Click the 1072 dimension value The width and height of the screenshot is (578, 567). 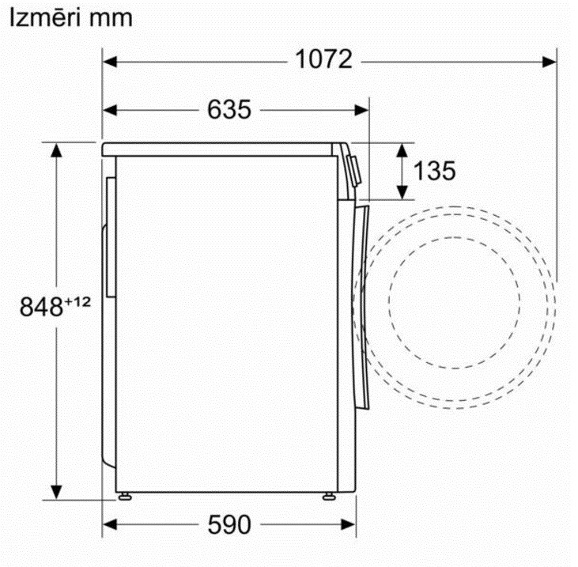point(323,59)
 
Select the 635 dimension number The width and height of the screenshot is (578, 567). point(229,109)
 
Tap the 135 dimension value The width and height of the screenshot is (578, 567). point(434,171)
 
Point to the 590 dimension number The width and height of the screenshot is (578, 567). point(229,524)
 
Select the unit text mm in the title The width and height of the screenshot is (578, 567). point(110,18)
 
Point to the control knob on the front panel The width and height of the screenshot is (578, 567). point(353,167)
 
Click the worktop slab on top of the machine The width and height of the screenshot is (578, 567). point(221,148)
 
